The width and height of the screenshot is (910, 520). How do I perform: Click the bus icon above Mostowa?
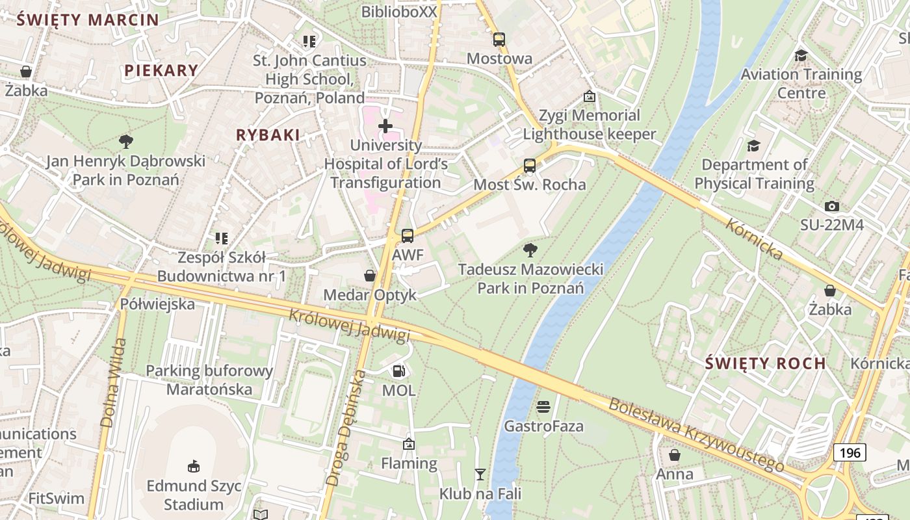tap(499, 40)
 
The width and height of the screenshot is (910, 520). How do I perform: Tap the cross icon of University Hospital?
tap(385, 125)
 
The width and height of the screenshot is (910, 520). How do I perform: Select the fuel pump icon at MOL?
tap(398, 371)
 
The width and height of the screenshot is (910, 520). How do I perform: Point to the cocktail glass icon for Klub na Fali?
tap(480, 474)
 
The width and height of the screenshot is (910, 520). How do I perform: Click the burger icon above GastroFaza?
tap(543, 407)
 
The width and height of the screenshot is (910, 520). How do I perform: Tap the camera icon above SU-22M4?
tap(831, 207)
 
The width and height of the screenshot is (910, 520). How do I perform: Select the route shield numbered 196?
tap(850, 452)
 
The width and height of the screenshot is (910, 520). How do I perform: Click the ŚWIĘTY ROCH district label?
tap(765, 363)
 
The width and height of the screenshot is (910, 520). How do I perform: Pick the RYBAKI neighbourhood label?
tap(268, 135)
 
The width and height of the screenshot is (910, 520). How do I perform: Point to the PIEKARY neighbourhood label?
tap(161, 71)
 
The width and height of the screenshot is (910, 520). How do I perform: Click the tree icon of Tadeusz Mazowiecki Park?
tap(530, 250)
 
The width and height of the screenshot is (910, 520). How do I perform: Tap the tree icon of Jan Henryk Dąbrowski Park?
tap(125, 141)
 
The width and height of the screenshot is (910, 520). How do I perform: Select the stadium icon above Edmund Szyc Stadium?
tap(193, 466)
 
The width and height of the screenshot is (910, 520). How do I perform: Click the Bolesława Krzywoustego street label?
tap(696, 434)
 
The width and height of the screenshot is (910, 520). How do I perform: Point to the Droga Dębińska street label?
tap(343, 428)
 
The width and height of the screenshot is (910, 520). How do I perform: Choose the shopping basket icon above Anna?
tap(675, 455)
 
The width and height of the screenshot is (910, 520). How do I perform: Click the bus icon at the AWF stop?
tap(408, 235)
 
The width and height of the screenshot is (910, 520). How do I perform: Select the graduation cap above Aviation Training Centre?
tap(801, 55)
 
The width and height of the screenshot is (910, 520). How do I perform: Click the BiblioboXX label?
tap(399, 12)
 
